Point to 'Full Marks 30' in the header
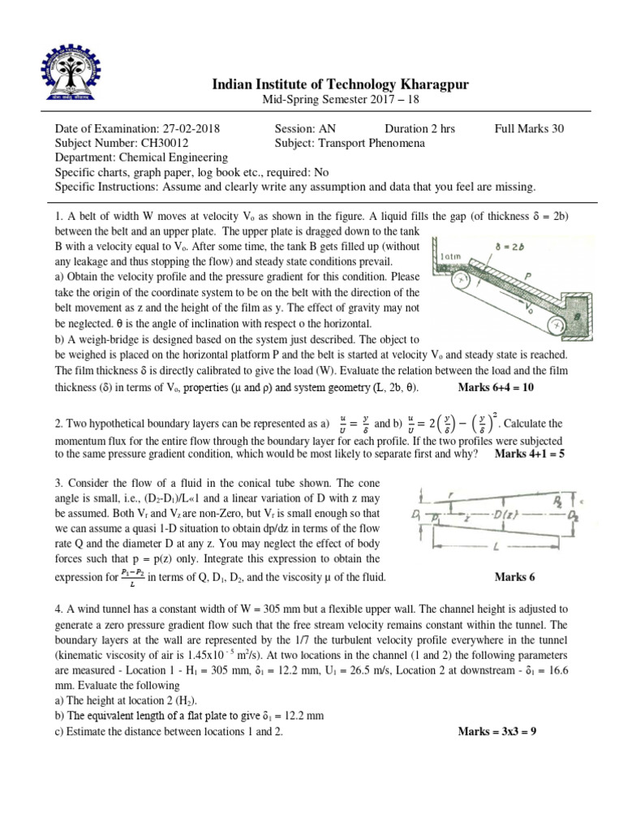pyautogui.click(x=529, y=129)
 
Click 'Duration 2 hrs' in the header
pyautogui.click(x=419, y=129)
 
